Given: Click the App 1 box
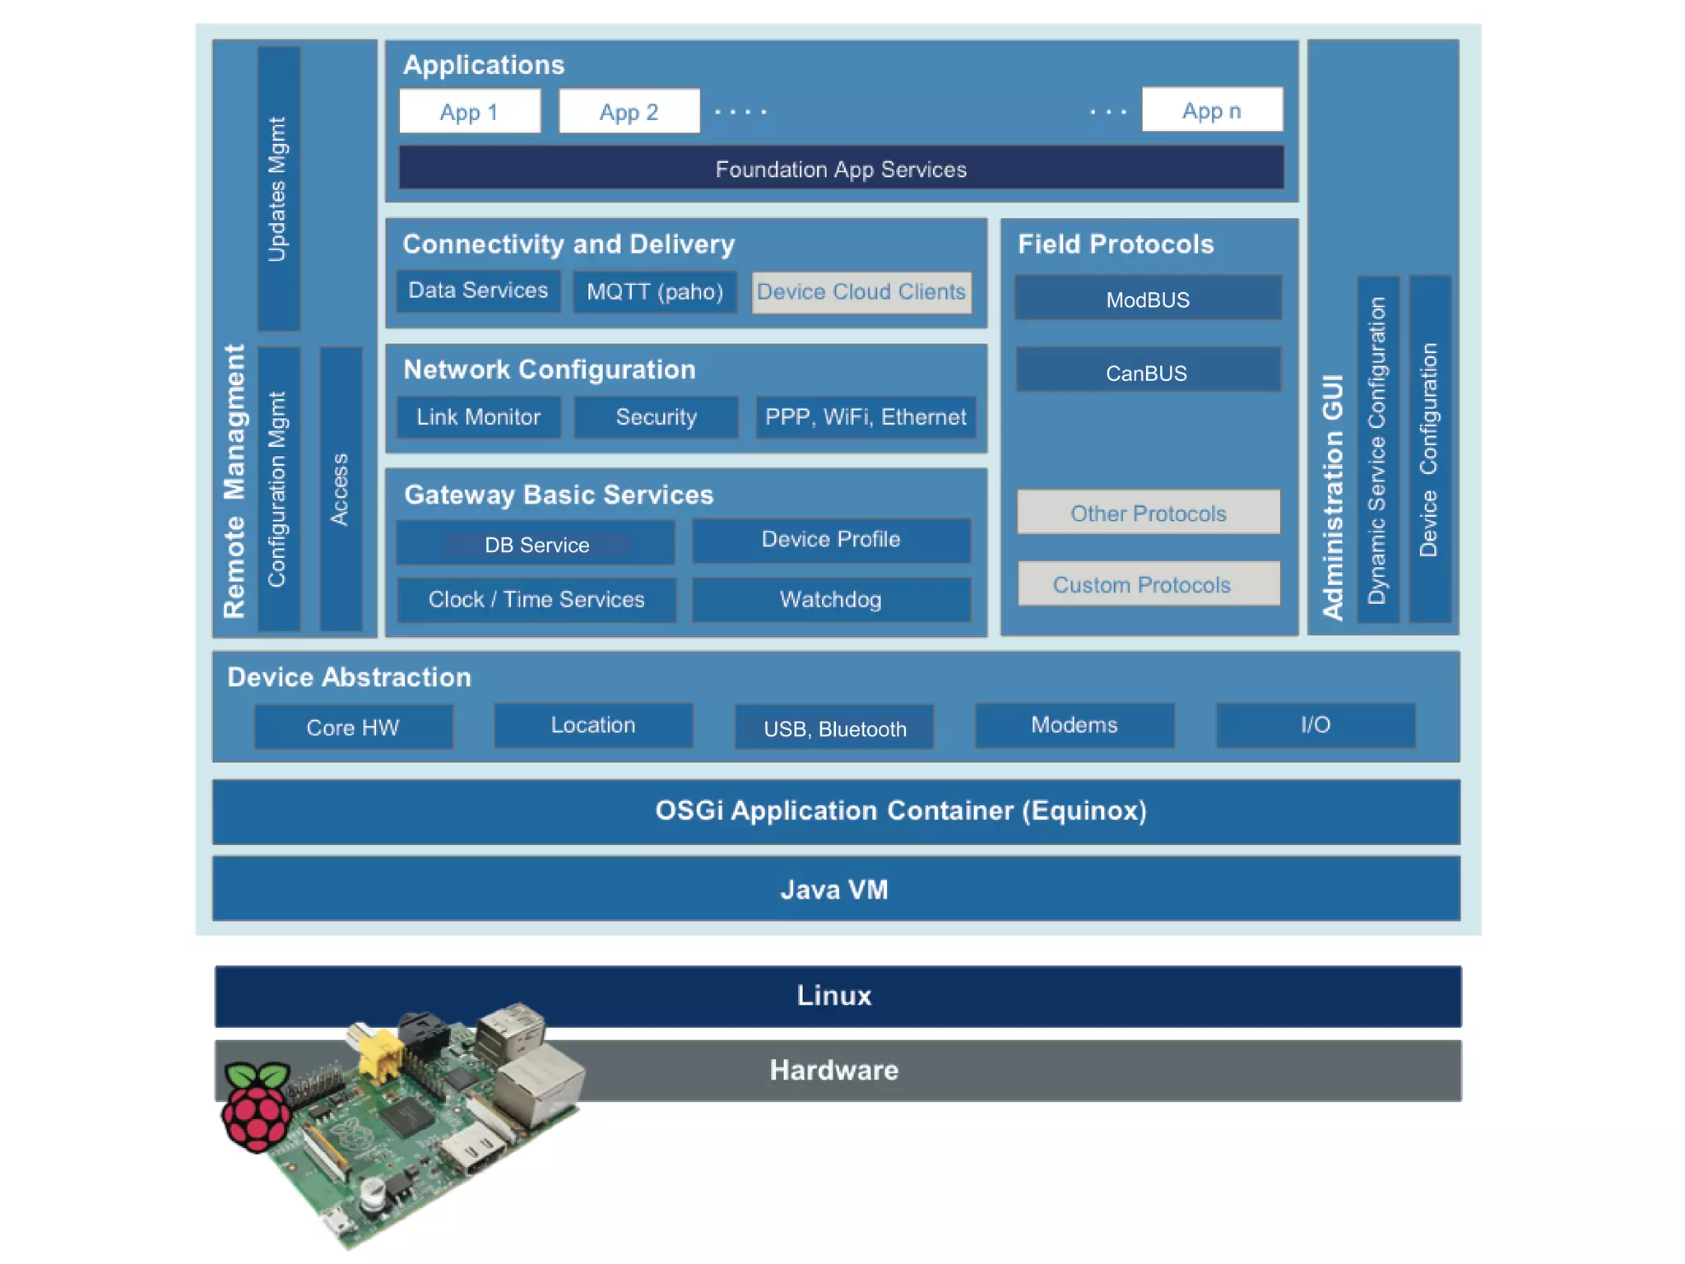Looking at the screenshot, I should (470, 111).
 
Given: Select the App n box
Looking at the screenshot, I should (1212, 110).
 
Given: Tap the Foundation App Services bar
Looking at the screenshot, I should (841, 169).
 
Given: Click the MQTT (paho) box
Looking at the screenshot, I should (655, 291).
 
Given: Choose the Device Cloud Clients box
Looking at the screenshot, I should (861, 292).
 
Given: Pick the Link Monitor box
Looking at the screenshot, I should (479, 417).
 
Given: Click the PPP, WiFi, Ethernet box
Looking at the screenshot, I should (866, 417).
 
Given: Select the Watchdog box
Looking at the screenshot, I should (831, 599).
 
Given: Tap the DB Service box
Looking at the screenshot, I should (536, 543).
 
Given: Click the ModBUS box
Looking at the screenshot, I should (1148, 299).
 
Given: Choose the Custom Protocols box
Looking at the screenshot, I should (1148, 584).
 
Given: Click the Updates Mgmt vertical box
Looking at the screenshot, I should (279, 189).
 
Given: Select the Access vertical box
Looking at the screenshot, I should (341, 489).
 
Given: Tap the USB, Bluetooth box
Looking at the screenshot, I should (834, 727).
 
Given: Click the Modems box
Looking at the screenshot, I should (1075, 725).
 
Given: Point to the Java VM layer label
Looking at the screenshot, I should (834, 890).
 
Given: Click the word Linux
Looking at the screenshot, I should (834, 996).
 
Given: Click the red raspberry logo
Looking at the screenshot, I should (257, 1107).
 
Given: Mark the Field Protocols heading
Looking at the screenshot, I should (1116, 244).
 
